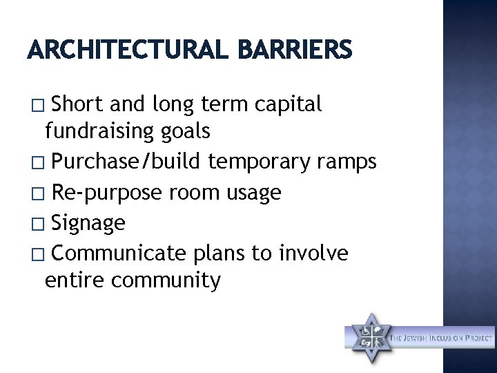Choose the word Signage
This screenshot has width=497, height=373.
pos(88,222)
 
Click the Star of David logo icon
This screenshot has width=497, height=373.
pos(369,336)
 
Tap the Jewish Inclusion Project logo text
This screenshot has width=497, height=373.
pos(442,338)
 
